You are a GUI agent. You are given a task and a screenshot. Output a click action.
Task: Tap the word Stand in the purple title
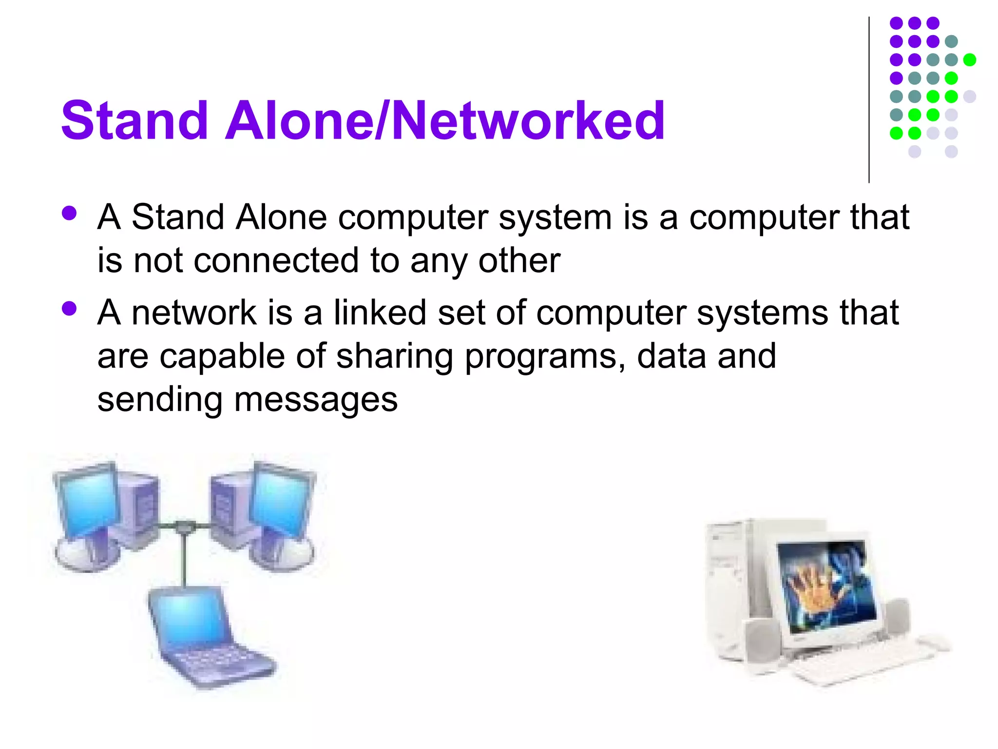[x=135, y=120]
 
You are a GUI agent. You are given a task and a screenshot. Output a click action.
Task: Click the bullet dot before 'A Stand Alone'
[x=70, y=213]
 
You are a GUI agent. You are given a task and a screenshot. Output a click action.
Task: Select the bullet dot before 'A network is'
[x=70, y=309]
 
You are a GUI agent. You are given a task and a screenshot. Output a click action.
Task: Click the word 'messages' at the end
[x=316, y=400]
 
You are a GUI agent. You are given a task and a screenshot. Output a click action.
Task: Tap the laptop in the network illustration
[x=205, y=634]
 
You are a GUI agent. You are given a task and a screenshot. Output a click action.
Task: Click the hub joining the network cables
[x=184, y=527]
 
